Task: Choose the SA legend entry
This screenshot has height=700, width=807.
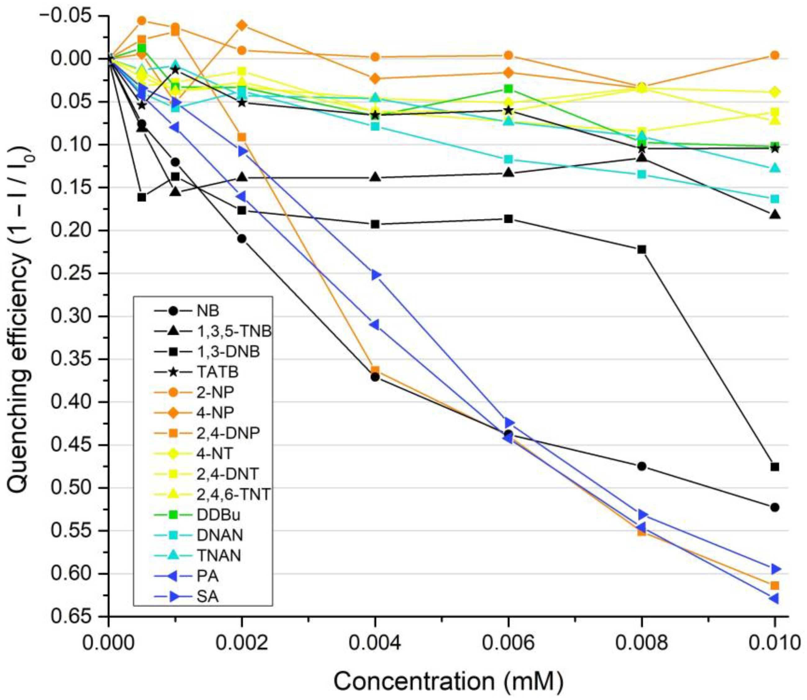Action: [207, 597]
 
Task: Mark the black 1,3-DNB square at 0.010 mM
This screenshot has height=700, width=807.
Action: [775, 467]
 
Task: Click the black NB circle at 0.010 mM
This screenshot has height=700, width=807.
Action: [775, 507]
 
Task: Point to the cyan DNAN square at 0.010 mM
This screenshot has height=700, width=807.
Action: [775, 199]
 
